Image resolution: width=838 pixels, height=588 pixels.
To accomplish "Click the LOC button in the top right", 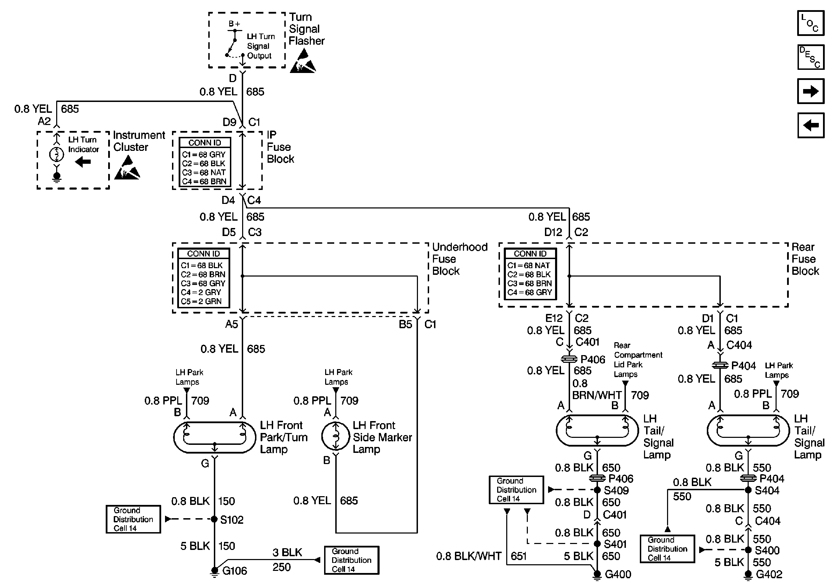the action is [811, 23].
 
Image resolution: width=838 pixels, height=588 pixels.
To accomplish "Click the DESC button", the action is [811, 57].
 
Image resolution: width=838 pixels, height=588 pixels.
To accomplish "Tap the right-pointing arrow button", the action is [811, 91].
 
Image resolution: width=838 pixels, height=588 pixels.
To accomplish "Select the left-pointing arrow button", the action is [811, 125].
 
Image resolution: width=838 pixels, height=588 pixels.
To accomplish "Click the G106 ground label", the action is [235, 571].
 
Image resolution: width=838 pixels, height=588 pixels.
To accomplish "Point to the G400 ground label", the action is [618, 574].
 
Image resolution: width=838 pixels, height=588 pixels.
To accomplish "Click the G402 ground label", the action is [769, 574].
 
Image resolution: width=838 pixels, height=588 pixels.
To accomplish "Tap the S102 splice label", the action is [232, 519].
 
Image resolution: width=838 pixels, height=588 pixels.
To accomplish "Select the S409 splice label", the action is [616, 490].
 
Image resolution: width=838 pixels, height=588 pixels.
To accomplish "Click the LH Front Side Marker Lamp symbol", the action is [336, 436].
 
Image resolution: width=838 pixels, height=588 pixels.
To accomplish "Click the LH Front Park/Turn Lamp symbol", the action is [215, 437].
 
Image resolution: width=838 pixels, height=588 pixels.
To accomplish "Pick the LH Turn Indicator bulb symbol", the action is [56, 154].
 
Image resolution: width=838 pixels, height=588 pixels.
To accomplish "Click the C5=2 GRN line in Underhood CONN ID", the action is [201, 301].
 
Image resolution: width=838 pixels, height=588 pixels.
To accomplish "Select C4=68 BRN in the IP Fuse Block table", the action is [204, 182].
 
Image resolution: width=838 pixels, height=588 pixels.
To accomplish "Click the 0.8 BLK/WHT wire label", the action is [469, 556].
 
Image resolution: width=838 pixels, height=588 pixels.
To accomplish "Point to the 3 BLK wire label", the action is [287, 552].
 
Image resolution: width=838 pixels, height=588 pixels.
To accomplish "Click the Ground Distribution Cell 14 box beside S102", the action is [133, 519].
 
